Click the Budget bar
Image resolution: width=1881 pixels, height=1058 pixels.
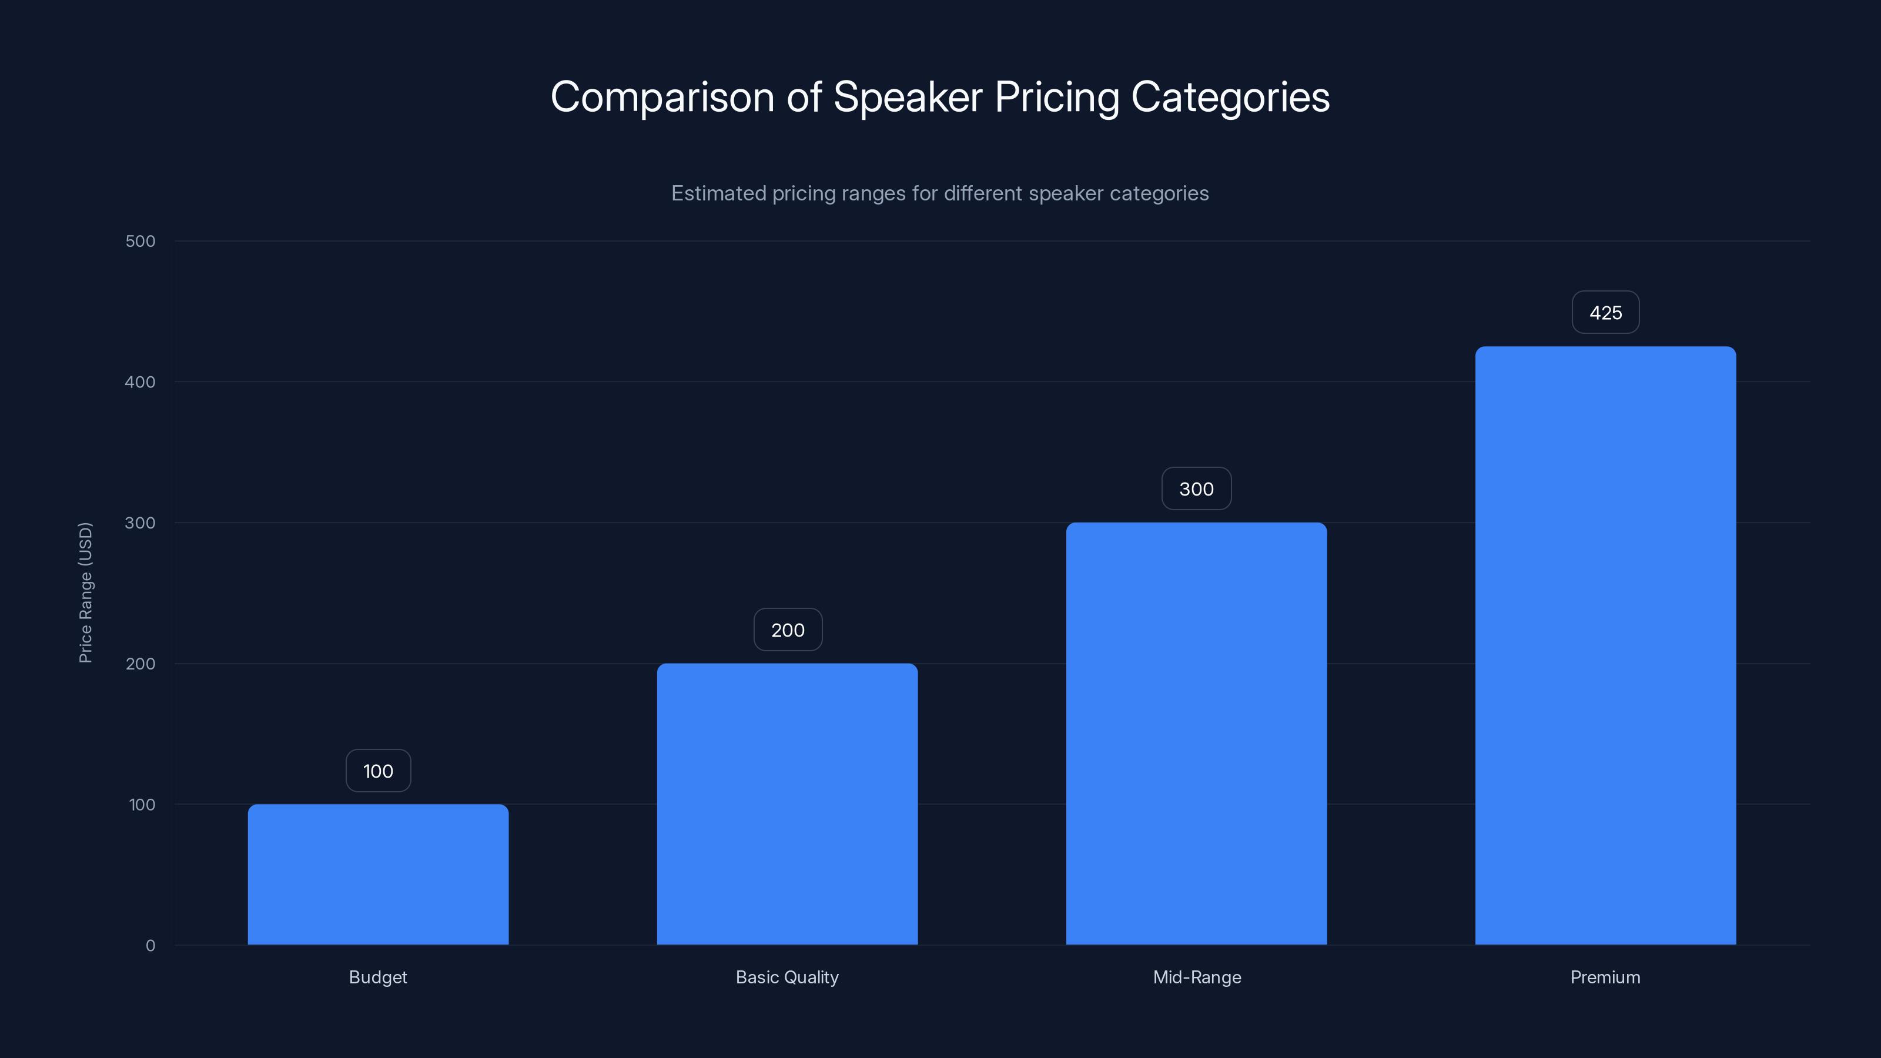[x=377, y=874]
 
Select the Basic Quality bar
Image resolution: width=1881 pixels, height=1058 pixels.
[x=787, y=804]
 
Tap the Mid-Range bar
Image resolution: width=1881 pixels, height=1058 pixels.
[x=1196, y=733]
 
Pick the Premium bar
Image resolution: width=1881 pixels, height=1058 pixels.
[x=1605, y=645]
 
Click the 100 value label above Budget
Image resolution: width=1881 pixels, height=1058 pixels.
[x=377, y=771]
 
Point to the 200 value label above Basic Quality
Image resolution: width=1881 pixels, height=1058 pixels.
[x=787, y=630]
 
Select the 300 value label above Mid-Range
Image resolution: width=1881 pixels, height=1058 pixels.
[x=1196, y=489]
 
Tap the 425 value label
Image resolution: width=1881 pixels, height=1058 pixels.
[x=1605, y=313]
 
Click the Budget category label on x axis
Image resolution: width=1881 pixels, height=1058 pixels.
[x=377, y=977]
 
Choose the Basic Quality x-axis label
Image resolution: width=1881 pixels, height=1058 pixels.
[x=787, y=977]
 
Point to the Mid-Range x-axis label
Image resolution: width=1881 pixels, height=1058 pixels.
[x=1197, y=977]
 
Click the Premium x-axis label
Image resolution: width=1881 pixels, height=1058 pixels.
[x=1605, y=977]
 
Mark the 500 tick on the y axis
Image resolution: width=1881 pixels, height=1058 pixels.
[x=140, y=241]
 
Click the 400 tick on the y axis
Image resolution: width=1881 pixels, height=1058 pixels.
[x=140, y=382]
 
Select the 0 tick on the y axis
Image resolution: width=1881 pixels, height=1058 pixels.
[x=150, y=946]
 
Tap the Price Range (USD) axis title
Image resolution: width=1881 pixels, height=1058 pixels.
[x=85, y=592]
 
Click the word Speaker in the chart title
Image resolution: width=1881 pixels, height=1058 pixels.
[x=908, y=97]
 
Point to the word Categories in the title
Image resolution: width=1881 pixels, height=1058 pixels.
[x=1230, y=97]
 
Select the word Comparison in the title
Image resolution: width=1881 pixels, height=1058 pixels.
[x=662, y=97]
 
